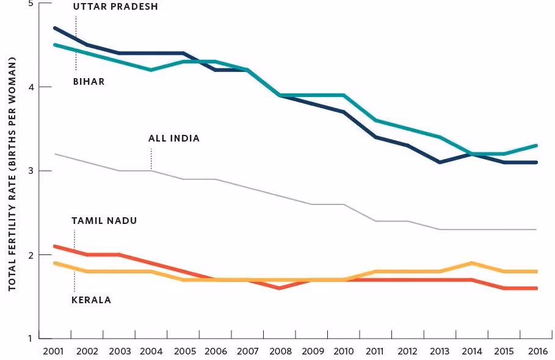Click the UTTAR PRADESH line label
115,7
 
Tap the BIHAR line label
89,81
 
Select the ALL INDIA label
174,139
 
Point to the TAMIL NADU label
104,220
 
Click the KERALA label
92,300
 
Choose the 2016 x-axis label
536,352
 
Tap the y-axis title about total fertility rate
12,173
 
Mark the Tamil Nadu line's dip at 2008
278,287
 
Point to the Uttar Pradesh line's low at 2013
440,162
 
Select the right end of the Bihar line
536,145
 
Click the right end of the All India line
536,229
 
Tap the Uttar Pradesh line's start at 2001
55,28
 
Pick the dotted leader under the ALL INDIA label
151,159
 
